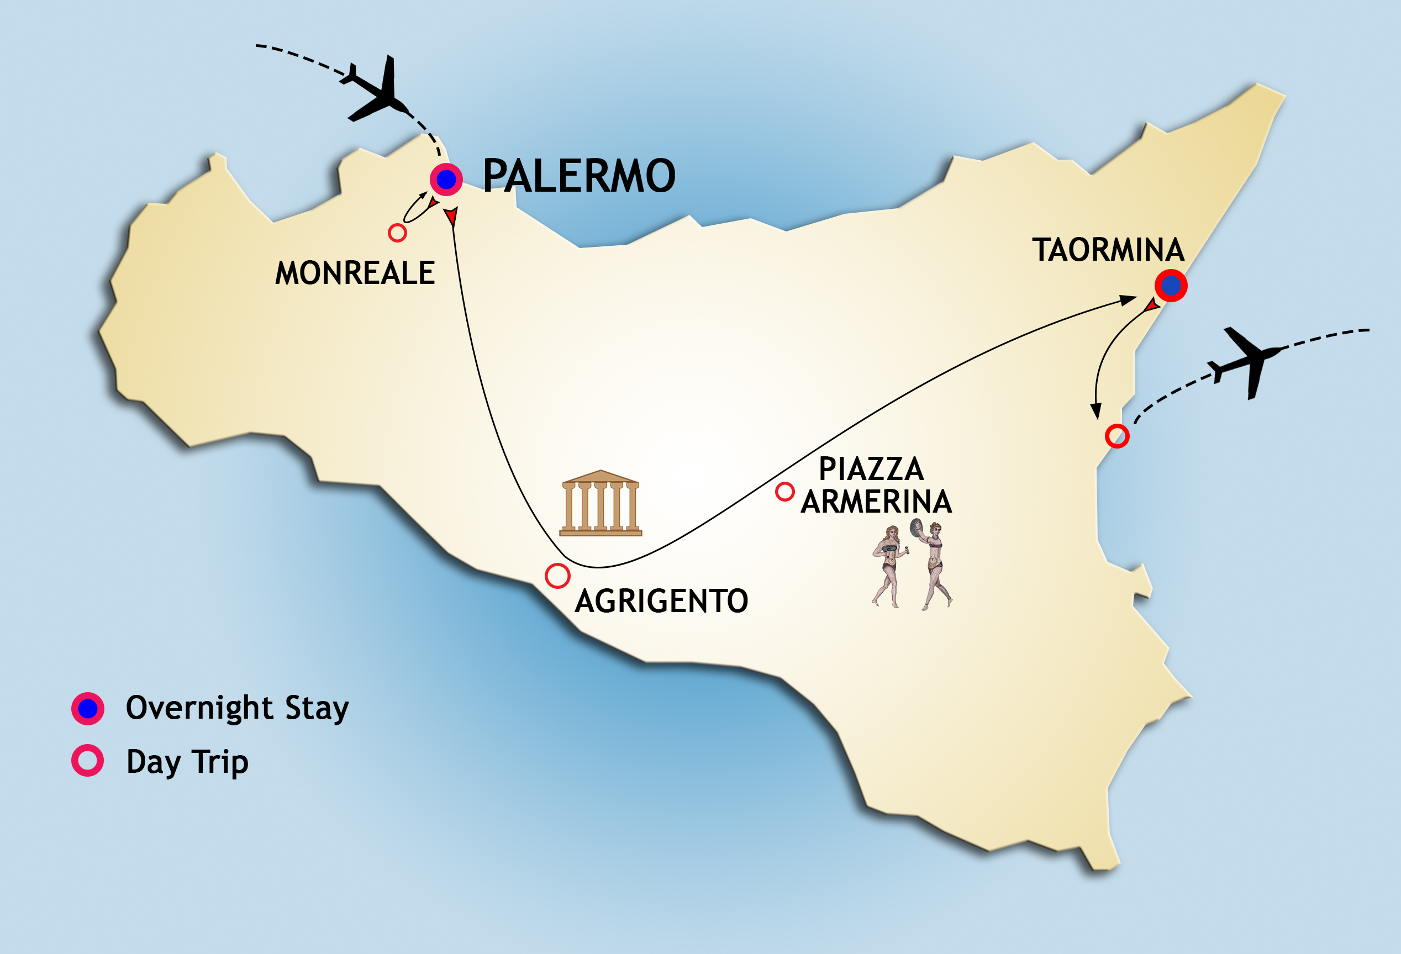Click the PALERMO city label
(x=579, y=176)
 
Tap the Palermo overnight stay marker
(x=446, y=179)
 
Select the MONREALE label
(x=355, y=273)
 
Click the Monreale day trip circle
(x=397, y=233)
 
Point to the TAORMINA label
(x=1108, y=250)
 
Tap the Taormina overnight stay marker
(x=1171, y=286)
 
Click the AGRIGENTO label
(x=661, y=602)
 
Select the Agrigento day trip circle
(x=557, y=576)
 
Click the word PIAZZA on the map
(x=871, y=469)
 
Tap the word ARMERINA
(x=876, y=502)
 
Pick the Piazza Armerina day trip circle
(x=784, y=492)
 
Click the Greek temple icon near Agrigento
(x=601, y=503)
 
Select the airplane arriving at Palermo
(x=376, y=91)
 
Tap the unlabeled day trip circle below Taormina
(x=1117, y=436)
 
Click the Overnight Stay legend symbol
(x=88, y=708)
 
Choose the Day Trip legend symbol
(x=88, y=761)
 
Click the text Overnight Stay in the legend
(x=237, y=708)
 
